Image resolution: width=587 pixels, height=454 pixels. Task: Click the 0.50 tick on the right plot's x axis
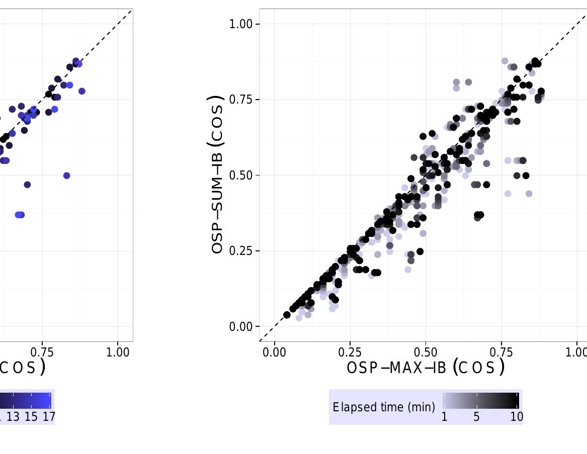[426, 352]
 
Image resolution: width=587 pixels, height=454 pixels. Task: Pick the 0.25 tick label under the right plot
[350, 352]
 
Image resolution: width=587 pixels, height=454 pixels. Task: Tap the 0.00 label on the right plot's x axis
[275, 352]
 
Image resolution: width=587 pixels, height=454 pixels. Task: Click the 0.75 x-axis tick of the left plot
[42, 352]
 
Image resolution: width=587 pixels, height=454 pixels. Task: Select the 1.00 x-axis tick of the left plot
[118, 352]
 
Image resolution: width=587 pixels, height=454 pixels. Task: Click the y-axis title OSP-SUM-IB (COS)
[217, 174]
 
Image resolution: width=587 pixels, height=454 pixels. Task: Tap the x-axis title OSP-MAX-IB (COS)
[426, 368]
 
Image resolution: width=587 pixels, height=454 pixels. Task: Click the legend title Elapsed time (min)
[384, 407]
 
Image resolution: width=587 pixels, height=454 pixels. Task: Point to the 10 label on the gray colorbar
[517, 417]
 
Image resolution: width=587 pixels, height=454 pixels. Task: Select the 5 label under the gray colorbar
[476, 417]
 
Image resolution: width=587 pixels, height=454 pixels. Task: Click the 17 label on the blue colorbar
[49, 417]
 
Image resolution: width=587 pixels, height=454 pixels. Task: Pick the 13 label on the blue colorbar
[13, 417]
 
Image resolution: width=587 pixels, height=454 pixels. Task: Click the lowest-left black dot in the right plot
[287, 315]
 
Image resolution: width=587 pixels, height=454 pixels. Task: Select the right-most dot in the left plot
[82, 91]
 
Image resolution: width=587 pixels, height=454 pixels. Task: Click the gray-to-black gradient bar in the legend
[480, 401]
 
